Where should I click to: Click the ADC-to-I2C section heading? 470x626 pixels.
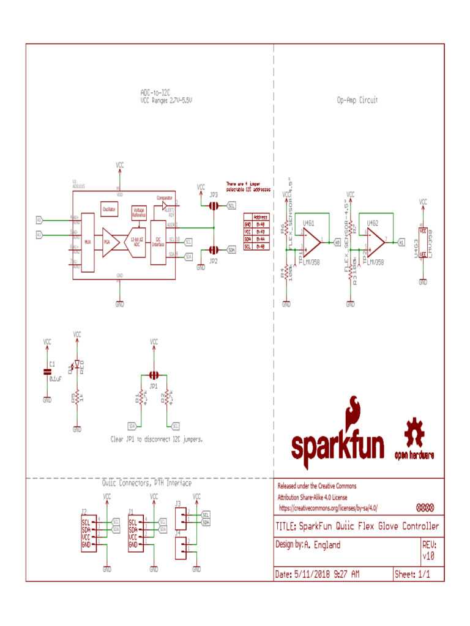[156, 92]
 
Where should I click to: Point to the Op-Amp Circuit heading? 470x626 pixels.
[357, 100]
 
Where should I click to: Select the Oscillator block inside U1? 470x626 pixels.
[109, 209]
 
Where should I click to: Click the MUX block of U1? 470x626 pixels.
[88, 242]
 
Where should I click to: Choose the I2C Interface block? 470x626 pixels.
[158, 242]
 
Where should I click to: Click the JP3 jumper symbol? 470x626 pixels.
[213, 206]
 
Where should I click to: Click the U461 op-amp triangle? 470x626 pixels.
[311, 242]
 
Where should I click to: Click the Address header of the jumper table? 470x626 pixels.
[259, 217]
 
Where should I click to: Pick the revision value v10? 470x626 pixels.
[428, 556]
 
